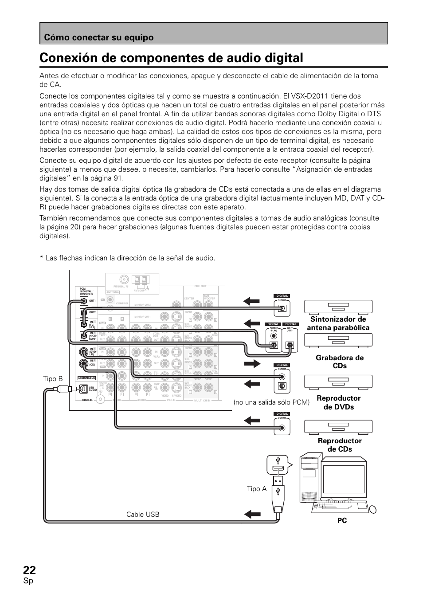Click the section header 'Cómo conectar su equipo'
point(98,38)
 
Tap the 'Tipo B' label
point(53,378)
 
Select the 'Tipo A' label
point(257,489)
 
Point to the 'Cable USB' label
point(143,514)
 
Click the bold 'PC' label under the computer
point(341,520)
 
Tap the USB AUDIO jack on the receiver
point(83,389)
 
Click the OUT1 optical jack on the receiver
point(83,301)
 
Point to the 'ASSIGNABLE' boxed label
point(86,378)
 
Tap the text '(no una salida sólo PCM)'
point(271,402)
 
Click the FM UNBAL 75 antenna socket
point(123,279)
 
